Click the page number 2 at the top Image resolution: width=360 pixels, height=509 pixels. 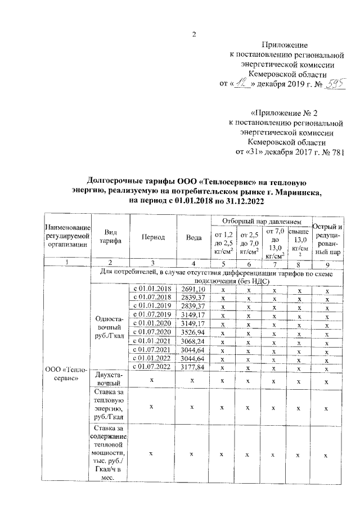tap(193, 33)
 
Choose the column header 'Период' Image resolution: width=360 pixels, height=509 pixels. tap(153, 237)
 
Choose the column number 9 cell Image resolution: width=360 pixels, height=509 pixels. tap(327, 262)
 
